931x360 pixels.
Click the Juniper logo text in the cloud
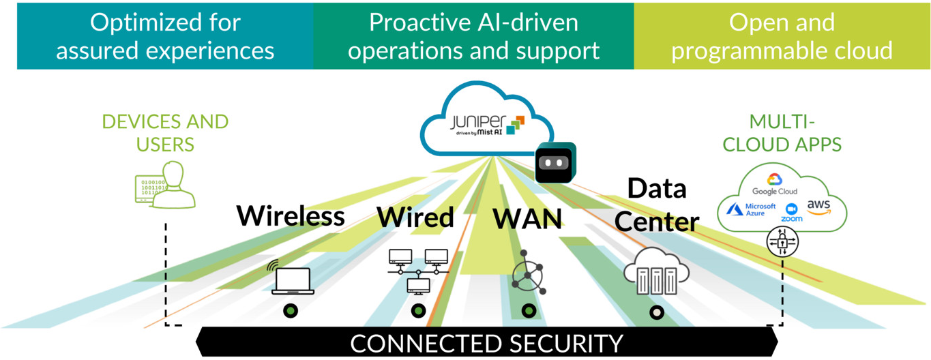pyautogui.click(x=478, y=123)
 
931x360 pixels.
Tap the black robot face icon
pyautogui.click(x=555, y=164)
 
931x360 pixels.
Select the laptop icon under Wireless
pyautogui.click(x=293, y=280)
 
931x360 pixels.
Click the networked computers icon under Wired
pyautogui.click(x=417, y=270)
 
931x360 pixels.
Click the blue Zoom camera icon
pyautogui.click(x=792, y=209)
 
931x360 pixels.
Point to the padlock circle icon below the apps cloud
pyautogui.click(x=782, y=241)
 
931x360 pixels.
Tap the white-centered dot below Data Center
pyautogui.click(x=657, y=313)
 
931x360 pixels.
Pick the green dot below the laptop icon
pyautogui.click(x=291, y=311)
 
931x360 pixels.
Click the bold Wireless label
pyautogui.click(x=291, y=216)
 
